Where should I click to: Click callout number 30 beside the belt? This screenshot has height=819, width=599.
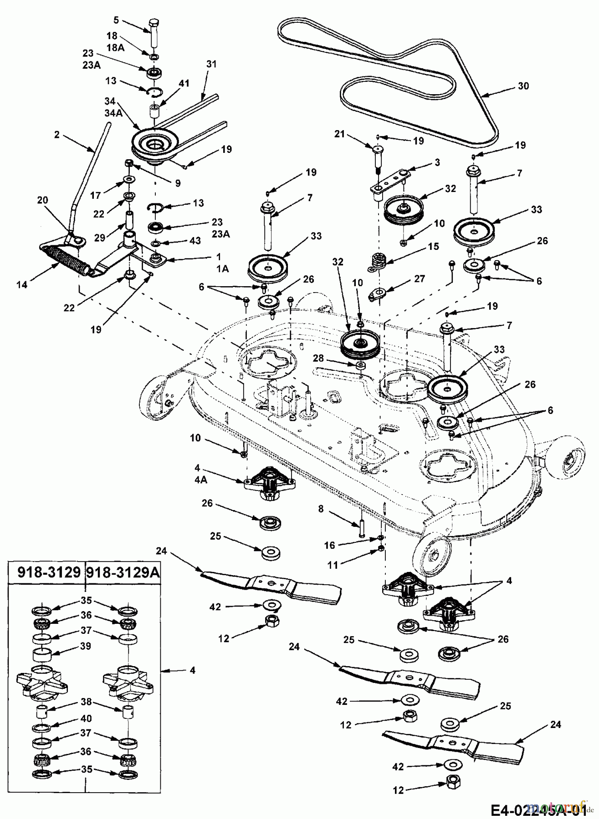pos(523,86)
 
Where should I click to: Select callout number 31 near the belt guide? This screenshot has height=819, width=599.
pos(211,65)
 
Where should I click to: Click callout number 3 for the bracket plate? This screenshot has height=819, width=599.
pos(437,162)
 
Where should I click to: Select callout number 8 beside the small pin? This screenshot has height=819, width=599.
pos(321,509)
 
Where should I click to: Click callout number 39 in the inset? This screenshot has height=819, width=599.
pos(85,646)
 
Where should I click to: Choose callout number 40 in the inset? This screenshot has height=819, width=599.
pos(85,718)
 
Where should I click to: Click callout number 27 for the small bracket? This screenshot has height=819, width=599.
pos(433,278)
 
